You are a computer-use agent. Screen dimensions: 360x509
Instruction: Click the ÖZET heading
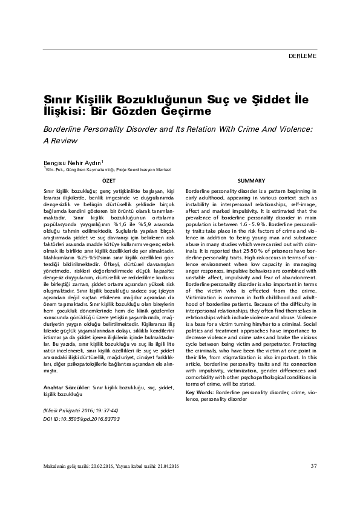pyautogui.click(x=108, y=181)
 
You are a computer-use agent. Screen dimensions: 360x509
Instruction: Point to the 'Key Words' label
pyautogui.click(x=199, y=375)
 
